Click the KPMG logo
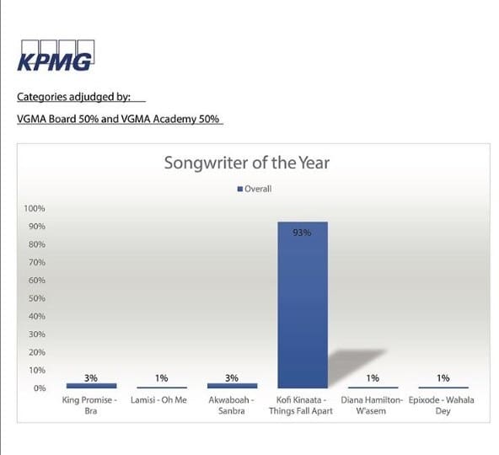(56, 56)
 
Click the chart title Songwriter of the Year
(247, 163)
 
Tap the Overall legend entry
(255, 189)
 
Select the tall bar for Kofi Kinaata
(303, 305)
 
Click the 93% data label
(302, 233)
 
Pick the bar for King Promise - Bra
(91, 386)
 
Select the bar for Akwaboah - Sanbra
(233, 386)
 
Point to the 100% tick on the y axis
(35, 208)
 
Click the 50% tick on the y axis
(37, 298)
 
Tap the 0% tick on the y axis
(40, 388)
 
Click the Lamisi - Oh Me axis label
(158, 400)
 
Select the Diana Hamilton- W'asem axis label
(372, 405)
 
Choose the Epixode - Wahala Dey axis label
(442, 405)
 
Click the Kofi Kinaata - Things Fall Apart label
(301, 405)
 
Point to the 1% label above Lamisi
(162, 378)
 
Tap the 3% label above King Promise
(91, 378)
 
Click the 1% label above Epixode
(443, 378)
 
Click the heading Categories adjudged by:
(74, 97)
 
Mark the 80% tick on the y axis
(37, 244)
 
